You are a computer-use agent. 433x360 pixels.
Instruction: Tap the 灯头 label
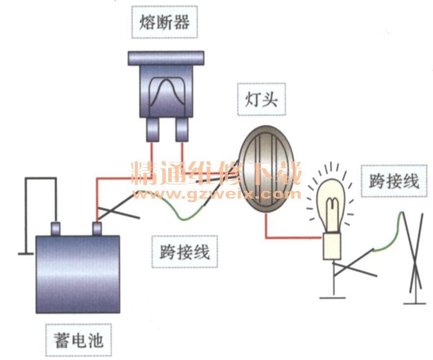[261, 100]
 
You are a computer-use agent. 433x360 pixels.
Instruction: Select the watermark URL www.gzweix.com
[216, 194]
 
